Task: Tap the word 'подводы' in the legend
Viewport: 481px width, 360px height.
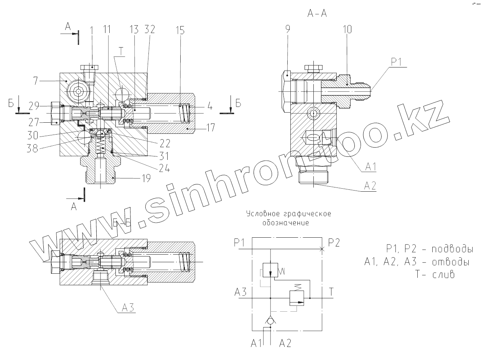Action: (x=451, y=249)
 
